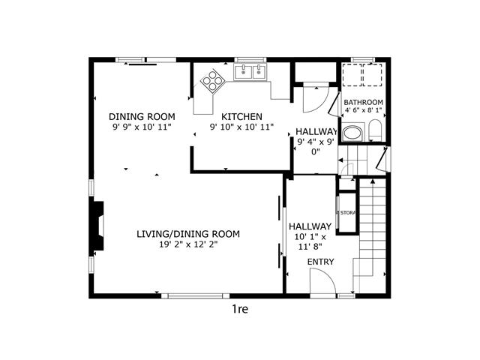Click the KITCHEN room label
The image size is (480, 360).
point(241,117)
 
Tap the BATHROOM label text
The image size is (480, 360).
point(363,102)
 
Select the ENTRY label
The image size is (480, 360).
point(320,262)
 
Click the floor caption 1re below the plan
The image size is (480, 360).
point(240,309)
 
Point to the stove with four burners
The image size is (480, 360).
point(213,80)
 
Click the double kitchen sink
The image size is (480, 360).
point(250,72)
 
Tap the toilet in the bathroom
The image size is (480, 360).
point(375,130)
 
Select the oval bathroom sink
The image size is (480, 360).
point(352,133)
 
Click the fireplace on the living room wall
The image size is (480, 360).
point(97,226)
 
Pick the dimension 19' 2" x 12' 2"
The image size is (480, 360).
point(188,244)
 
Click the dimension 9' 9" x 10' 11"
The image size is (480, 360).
point(142,127)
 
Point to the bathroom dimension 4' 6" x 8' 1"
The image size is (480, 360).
point(363,110)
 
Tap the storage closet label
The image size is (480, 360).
point(346,213)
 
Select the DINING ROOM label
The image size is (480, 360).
point(142,117)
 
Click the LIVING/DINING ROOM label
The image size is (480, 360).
point(188,234)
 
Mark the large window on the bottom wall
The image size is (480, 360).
point(196,296)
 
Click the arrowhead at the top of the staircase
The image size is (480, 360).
point(373,181)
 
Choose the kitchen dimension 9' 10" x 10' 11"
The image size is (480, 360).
point(241,127)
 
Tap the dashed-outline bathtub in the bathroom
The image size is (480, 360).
point(362,75)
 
